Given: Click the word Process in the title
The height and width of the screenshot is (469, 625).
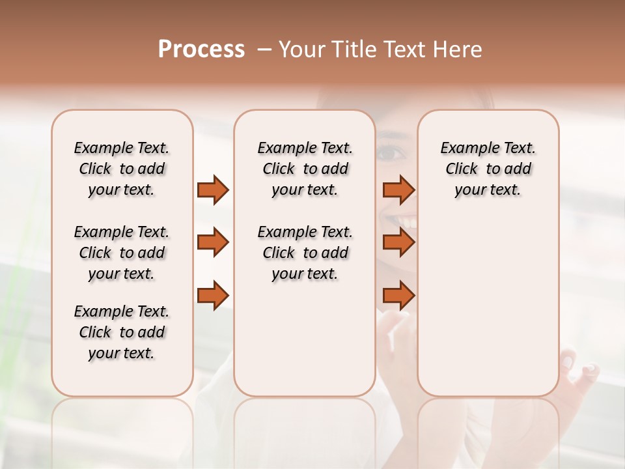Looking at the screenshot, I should (x=201, y=50).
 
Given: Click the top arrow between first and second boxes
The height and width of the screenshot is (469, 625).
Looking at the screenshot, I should (x=213, y=190).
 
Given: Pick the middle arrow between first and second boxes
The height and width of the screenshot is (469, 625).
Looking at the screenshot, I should (x=213, y=242).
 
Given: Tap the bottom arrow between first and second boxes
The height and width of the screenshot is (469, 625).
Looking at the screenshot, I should (x=213, y=295).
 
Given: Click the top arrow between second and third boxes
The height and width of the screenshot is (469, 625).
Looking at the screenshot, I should (x=398, y=190).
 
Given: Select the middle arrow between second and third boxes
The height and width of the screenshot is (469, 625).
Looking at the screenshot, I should (x=398, y=242).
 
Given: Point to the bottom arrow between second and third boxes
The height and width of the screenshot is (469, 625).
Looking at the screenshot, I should (x=398, y=295).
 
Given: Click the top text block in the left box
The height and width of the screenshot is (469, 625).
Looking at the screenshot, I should (x=122, y=169).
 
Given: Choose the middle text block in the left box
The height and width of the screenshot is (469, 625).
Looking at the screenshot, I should (x=122, y=253).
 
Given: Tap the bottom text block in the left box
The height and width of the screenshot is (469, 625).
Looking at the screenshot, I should (x=122, y=332).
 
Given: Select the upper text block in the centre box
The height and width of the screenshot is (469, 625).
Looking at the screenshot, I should (x=305, y=169).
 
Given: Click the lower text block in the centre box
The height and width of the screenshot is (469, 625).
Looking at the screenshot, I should (x=305, y=253).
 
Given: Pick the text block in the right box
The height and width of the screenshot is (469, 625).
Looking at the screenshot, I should (x=488, y=169).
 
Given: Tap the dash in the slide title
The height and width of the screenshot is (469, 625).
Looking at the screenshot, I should (x=264, y=50).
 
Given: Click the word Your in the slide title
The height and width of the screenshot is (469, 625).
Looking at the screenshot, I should (x=302, y=50).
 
